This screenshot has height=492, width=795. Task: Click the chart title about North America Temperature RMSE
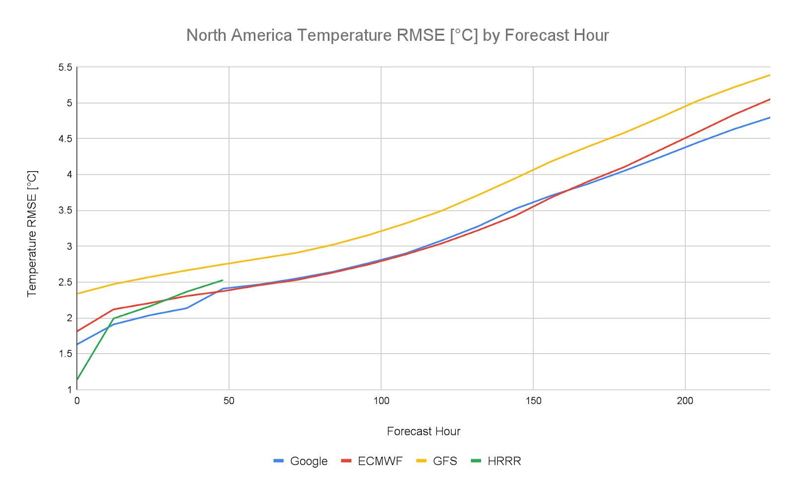397,35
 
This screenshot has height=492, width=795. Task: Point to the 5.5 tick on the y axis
66,67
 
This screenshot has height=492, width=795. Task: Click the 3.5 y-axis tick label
66,210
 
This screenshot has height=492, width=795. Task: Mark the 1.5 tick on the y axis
66,354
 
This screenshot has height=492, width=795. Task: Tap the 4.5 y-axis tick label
66,139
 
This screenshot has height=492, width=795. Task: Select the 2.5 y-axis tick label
66,282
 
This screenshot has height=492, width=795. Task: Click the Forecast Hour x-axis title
423,431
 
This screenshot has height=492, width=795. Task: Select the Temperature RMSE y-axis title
32,234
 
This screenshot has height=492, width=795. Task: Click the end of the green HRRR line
223,280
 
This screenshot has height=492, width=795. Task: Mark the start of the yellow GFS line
78,294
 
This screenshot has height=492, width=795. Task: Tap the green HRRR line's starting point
78,379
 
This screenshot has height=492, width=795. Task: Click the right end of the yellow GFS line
770,75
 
